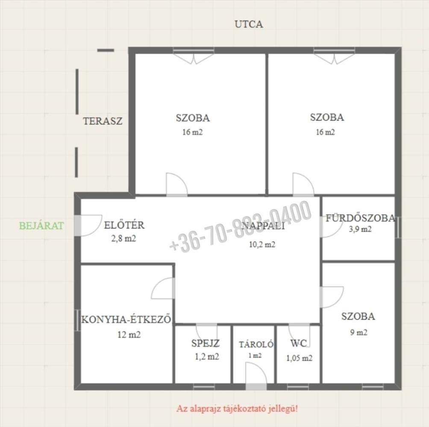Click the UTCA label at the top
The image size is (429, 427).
click(249, 24)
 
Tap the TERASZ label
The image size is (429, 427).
click(103, 121)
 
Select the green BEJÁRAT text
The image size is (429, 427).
click(41, 225)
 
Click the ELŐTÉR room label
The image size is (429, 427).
click(124, 225)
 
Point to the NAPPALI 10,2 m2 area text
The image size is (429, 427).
click(262, 244)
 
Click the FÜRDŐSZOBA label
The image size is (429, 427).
click(360, 218)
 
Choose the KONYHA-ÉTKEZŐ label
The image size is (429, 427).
click(126, 319)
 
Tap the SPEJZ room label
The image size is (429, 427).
click(206, 343)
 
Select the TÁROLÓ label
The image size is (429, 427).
click(256, 344)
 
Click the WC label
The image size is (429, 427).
click(298, 343)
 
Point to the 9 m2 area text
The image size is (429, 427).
click(358, 332)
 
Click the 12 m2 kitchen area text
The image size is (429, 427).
click(129, 335)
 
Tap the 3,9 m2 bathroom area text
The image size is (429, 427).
click(360, 229)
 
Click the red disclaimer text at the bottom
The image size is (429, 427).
click(237, 409)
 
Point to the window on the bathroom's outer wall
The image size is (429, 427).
click(398, 227)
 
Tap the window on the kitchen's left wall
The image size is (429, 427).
click(77, 320)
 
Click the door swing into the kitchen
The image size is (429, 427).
click(163, 288)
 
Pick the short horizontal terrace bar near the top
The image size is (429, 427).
click(106, 50)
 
